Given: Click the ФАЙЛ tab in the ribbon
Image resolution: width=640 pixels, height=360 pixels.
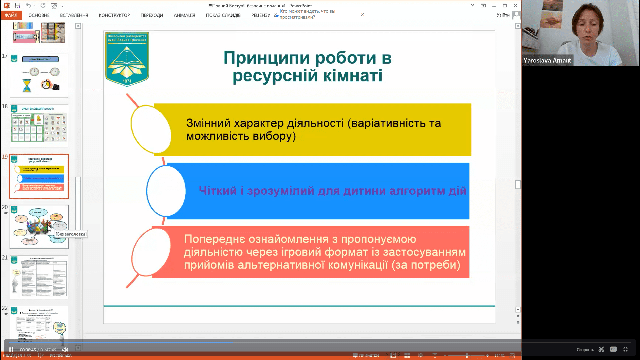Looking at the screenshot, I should pyautogui.click(x=11, y=15).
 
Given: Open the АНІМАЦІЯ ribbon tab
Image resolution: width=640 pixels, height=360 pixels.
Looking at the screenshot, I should pyautogui.click(x=184, y=15).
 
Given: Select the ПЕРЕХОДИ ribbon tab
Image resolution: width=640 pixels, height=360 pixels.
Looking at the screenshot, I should pyautogui.click(x=152, y=15).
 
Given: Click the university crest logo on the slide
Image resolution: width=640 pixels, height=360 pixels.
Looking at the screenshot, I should pyautogui.click(x=127, y=59).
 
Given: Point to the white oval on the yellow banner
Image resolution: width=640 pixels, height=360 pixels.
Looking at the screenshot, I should pyautogui.click(x=151, y=129).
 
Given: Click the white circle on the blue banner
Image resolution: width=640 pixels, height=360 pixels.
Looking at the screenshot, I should pyautogui.click(x=166, y=191).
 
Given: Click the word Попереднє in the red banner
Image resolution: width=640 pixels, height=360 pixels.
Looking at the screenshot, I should pyautogui.click(x=214, y=239).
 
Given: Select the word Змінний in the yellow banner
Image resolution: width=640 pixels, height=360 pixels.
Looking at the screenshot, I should pyautogui.click(x=208, y=123).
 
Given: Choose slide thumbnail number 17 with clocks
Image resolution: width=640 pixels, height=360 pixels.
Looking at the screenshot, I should pyautogui.click(x=39, y=76).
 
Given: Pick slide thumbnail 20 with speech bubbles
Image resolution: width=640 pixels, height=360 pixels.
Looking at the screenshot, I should pyautogui.click(x=39, y=227).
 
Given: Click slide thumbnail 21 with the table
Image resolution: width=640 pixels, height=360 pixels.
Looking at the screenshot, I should pyautogui.click(x=39, y=277).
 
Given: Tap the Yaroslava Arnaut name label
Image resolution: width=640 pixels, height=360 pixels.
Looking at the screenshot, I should pyautogui.click(x=547, y=60).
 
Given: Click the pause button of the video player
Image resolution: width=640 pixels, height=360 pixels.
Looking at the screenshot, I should pyautogui.click(x=11, y=350).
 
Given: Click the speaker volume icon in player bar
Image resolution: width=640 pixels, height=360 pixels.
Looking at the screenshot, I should pyautogui.click(x=65, y=350).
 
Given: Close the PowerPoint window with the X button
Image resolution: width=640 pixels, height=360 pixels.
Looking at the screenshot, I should pyautogui.click(x=515, y=6).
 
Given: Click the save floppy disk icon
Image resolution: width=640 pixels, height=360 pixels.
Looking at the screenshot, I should pyautogui.click(x=18, y=6).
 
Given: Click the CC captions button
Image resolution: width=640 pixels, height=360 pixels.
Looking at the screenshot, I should pyautogui.click(x=613, y=349).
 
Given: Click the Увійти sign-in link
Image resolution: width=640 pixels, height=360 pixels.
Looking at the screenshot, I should pyautogui.click(x=503, y=15).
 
